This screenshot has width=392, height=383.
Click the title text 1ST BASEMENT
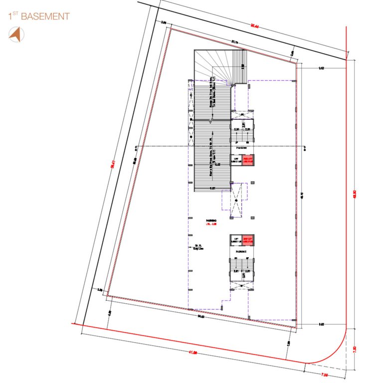click(39, 16)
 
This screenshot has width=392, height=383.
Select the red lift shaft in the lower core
click(248, 240)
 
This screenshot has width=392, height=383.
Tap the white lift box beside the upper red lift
click(236, 160)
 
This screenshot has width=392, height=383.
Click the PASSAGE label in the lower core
click(242, 252)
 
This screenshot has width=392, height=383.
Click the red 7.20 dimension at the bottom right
click(324, 373)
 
